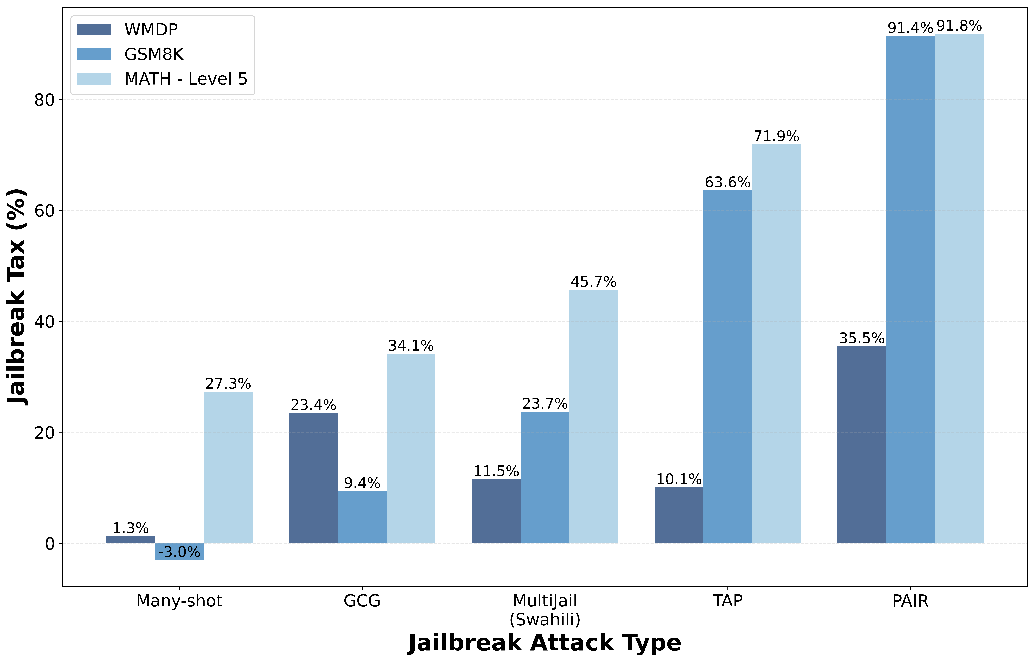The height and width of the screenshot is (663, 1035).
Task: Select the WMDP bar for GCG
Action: [313, 478]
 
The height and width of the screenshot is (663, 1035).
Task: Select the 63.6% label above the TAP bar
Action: [727, 183]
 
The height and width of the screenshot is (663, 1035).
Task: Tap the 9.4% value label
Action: [362, 483]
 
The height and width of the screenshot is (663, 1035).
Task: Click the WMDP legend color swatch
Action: [94, 29]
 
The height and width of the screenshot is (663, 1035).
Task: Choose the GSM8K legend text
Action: [154, 54]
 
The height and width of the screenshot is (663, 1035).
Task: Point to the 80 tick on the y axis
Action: [44, 100]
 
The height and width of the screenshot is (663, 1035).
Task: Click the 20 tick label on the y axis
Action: [44, 433]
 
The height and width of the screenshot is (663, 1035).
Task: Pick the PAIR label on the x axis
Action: [910, 601]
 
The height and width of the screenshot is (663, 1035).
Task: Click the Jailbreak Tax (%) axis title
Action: [17, 297]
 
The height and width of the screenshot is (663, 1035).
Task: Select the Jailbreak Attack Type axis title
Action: [545, 643]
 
